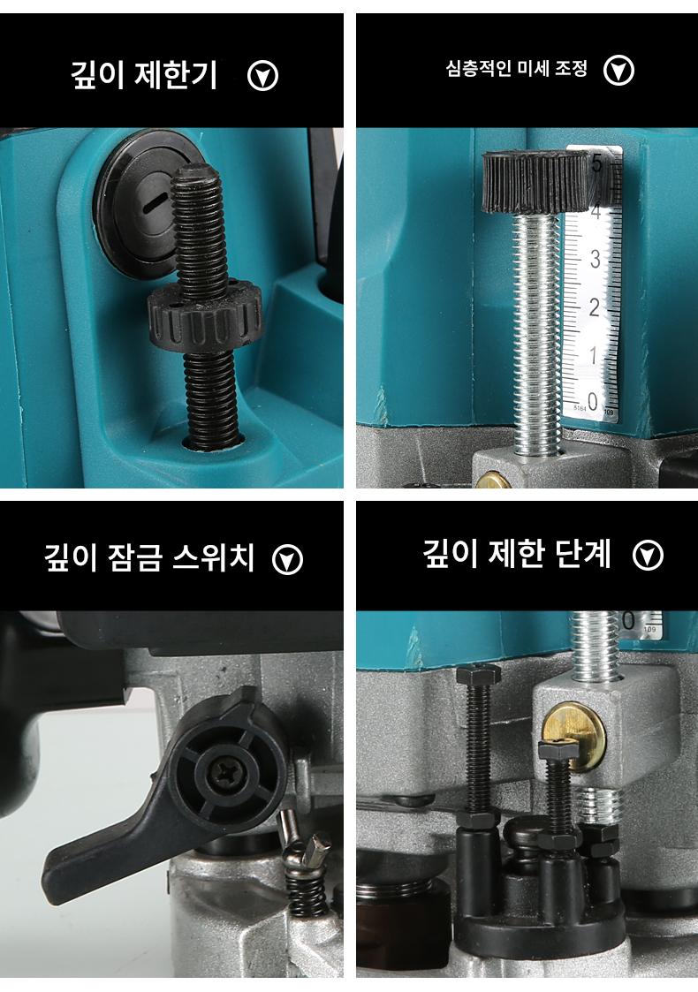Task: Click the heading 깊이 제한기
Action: (x=143, y=75)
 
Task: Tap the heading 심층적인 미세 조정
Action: (x=516, y=68)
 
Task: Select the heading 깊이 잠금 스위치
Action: (x=148, y=557)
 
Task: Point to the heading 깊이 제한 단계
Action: (x=516, y=554)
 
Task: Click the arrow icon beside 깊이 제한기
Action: (x=262, y=76)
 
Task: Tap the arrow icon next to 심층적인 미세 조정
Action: (x=618, y=70)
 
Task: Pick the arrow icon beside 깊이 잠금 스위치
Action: (x=287, y=559)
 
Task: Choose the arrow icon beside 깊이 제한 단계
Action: (x=648, y=556)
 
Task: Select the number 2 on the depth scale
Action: (x=594, y=307)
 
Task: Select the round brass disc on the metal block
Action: (x=574, y=738)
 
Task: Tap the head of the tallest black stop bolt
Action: (x=478, y=675)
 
